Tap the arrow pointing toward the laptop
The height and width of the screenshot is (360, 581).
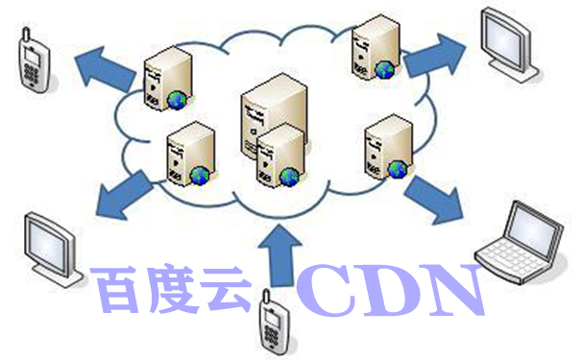click(x=433, y=196)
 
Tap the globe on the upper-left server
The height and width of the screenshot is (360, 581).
click(x=177, y=98)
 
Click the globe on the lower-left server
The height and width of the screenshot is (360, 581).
click(x=200, y=174)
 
